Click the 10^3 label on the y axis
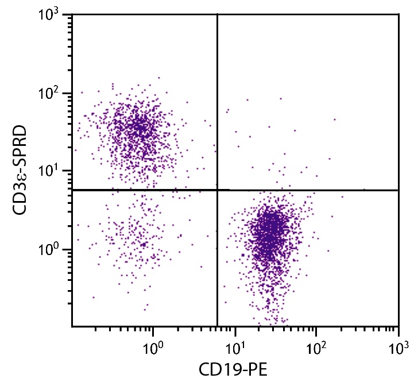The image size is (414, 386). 50,16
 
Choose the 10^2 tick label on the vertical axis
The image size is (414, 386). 50,94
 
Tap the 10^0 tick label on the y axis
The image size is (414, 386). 50,250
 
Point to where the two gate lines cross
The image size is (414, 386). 218,190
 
